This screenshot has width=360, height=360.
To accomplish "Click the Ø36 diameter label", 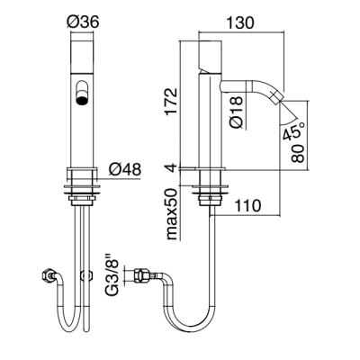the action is [83, 22].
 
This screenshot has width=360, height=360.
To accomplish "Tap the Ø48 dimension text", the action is [124, 170].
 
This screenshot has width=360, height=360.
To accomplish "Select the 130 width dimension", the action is [239, 22].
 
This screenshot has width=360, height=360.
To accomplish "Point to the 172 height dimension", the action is [171, 102].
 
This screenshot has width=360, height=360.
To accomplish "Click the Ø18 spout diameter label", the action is [238, 112].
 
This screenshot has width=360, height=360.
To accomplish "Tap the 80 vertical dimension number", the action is [298, 153].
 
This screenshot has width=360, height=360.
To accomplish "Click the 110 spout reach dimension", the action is [247, 206].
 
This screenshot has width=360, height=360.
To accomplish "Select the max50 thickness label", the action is [172, 214].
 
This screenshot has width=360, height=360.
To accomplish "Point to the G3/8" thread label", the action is [114, 274].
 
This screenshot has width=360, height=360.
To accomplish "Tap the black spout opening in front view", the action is [82, 101].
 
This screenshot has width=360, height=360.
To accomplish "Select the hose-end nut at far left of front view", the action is [47, 275].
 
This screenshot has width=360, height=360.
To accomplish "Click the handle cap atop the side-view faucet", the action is [210, 56].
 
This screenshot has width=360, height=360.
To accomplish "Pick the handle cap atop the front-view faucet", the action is [82, 56].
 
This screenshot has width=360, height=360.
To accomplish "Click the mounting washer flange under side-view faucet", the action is [211, 188].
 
